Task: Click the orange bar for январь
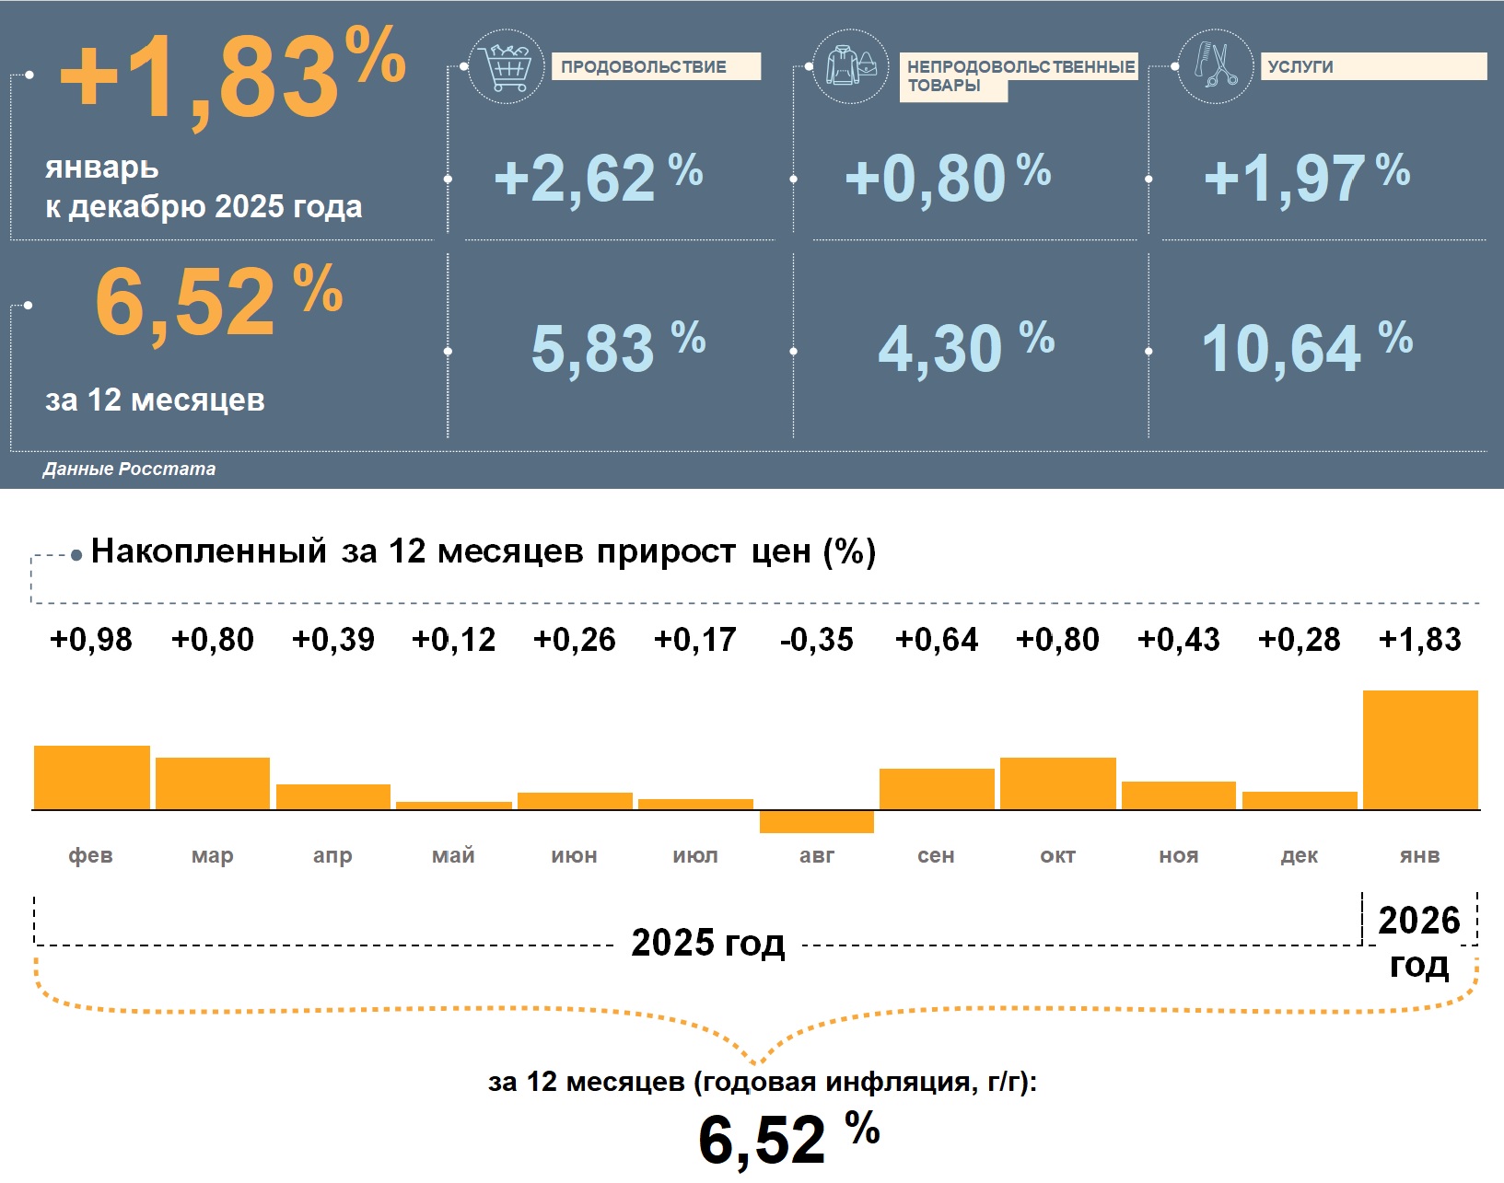tap(1420, 749)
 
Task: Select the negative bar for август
tap(816, 821)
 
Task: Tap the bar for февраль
tap(91, 777)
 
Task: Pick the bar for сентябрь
tap(937, 789)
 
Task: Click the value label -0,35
tap(816, 639)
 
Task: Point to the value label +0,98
tap(91, 639)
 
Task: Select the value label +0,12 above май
tap(453, 639)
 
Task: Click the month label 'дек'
tap(1299, 855)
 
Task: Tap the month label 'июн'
tap(574, 855)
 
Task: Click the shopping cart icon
tap(506, 66)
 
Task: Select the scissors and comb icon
tap(1216, 65)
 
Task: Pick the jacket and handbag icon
tap(851, 66)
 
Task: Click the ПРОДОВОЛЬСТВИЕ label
tap(644, 66)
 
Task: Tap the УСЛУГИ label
tap(1300, 66)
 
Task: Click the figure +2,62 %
tap(598, 177)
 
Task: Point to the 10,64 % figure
tap(1306, 348)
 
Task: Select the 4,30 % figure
tap(965, 348)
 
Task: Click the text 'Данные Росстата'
tap(129, 469)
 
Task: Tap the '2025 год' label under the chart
tap(707, 943)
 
